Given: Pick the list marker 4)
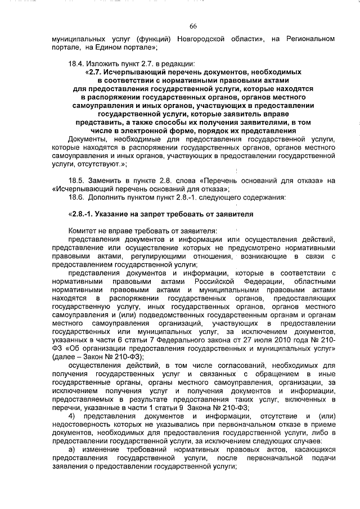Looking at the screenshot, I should pos(71,416).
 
